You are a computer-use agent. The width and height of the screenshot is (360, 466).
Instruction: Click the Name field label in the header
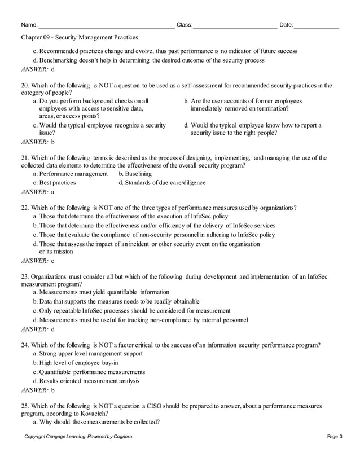[x=29, y=25]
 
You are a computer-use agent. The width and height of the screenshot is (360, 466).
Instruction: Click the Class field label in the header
[x=185, y=25]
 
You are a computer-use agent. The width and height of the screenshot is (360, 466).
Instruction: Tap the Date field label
[x=286, y=25]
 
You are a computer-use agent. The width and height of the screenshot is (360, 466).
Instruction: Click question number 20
[x=25, y=86]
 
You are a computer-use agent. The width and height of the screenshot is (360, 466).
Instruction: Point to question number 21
[x=25, y=158]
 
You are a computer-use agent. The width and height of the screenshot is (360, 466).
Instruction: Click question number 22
[x=25, y=208]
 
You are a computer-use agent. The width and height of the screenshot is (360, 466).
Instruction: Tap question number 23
[x=25, y=276]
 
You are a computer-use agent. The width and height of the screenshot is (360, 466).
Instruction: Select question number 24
[x=25, y=345]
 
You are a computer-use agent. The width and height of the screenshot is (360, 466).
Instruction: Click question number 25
[x=25, y=405]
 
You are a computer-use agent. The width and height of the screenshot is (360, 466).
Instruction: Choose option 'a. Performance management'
[x=70, y=174]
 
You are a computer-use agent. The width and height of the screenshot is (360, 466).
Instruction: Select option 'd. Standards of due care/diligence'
[x=162, y=183]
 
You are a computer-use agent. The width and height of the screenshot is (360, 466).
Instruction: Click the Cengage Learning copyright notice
[x=78, y=437]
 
